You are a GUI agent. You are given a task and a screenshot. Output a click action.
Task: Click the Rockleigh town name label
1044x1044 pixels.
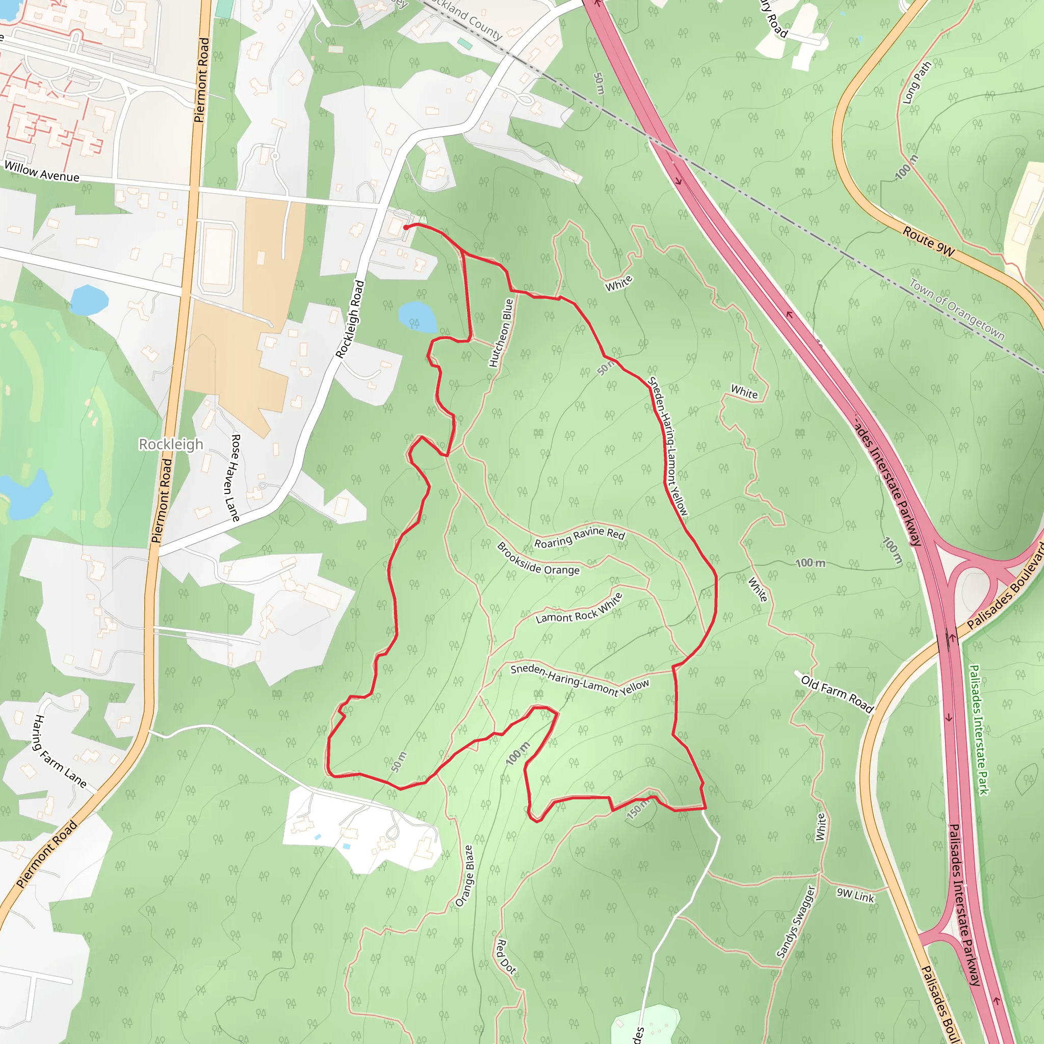tap(171, 444)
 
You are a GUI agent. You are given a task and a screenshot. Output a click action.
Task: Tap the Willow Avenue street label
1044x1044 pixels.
tap(42, 172)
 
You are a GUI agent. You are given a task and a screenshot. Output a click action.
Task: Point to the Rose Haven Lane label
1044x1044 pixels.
tap(235, 478)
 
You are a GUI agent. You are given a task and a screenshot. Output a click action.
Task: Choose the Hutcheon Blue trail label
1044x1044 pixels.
tap(501, 333)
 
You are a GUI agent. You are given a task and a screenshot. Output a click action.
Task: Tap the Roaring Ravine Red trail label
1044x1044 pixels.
tap(579, 537)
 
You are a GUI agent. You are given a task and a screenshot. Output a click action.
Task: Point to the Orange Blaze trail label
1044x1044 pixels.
tap(464, 876)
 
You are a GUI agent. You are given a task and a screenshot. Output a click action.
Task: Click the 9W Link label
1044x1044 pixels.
tap(855, 895)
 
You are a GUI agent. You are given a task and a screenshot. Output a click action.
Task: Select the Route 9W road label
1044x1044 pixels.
tap(928, 242)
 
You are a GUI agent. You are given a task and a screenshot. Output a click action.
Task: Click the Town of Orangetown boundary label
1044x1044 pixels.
tap(956, 309)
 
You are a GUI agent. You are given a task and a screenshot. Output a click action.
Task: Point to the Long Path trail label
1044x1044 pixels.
tap(917, 82)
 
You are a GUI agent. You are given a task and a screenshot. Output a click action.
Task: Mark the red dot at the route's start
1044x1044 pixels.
tap(406, 227)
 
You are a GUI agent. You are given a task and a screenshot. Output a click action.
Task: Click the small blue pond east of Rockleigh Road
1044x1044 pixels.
tap(417, 317)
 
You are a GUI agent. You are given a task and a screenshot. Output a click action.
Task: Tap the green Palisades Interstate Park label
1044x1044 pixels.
tap(979, 729)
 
